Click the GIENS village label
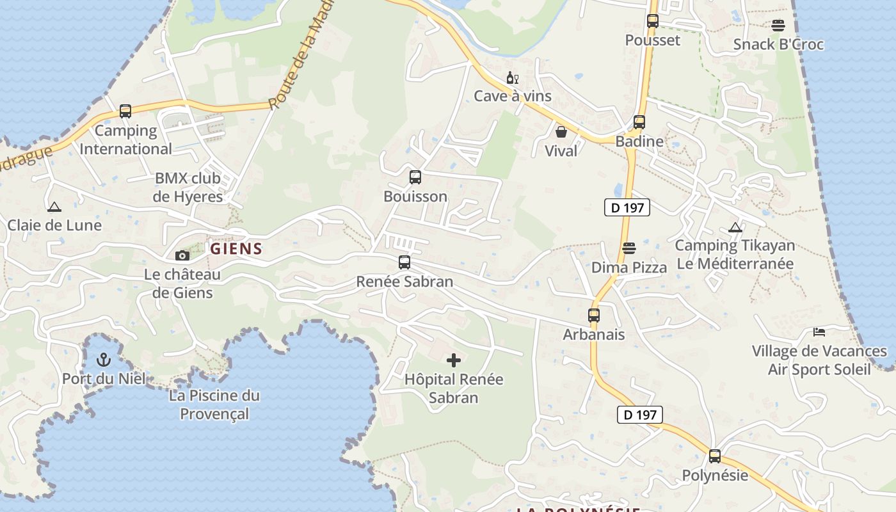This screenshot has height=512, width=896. point(236,249)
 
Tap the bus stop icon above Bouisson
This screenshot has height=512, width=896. point(415,177)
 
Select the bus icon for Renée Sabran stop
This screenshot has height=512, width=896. point(404,262)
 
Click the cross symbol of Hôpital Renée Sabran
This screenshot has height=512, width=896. point(454,360)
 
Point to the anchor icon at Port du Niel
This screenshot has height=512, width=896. point(104,360)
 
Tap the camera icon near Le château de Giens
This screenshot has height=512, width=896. point(182,255)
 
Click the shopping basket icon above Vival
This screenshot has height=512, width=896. point(561,132)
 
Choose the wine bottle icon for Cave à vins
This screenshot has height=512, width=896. point(512,78)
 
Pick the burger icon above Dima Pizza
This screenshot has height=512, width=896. point(629,248)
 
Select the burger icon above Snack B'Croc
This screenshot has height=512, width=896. point(778,26)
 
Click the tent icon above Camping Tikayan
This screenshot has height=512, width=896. point(735,227)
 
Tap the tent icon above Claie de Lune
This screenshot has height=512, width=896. point(54,207)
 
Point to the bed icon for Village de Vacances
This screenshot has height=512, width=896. point(819,332)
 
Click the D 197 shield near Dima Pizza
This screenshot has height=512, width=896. point(627,207)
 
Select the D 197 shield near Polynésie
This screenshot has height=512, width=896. point(640,415)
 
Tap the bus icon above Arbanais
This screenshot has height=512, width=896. point(594,316)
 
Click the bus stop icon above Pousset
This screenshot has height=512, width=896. point(653,21)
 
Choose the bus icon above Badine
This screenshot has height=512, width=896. point(639,122)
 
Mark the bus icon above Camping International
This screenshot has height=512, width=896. point(125,111)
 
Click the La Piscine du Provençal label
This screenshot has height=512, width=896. point(214,404)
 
